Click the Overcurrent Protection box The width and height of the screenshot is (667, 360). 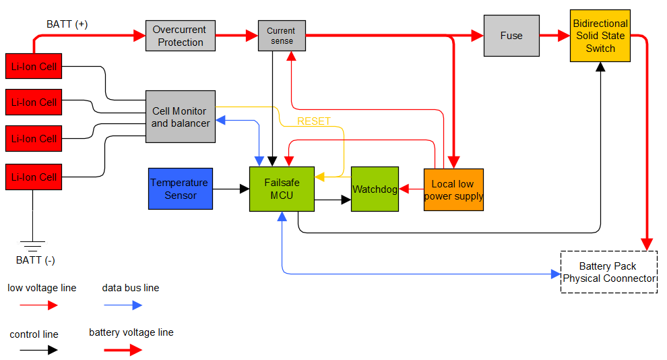click(181, 36)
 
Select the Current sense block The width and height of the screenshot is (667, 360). click(281, 36)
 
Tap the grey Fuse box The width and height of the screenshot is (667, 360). click(511, 36)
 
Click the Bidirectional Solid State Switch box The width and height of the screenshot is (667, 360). click(600, 36)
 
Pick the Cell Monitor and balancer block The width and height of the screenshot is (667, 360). click(181, 117)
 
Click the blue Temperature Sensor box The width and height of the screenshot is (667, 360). click(180, 189)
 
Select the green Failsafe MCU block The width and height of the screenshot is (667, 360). click(282, 189)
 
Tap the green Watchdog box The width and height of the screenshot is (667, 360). click(375, 189)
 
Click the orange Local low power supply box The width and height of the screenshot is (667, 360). click(453, 189)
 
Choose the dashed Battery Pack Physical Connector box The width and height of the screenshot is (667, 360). click(608, 272)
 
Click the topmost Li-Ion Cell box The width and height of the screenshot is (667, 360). click(33, 66)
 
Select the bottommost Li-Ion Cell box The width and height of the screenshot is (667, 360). click(33, 177)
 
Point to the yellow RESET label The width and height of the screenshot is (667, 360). click(314, 121)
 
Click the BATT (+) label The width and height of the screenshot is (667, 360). click(67, 24)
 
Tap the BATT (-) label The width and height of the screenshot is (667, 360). click(31, 260)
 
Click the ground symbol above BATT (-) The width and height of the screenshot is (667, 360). click(31, 245)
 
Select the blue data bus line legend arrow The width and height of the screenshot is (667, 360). click(123, 305)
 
